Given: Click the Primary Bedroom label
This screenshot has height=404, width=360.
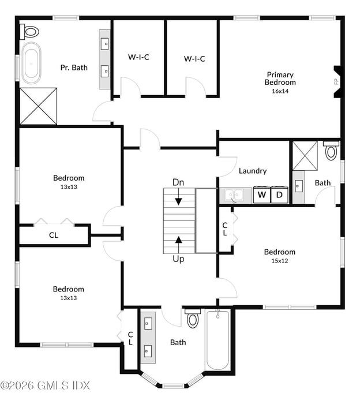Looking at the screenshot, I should pyautogui.click(x=280, y=78).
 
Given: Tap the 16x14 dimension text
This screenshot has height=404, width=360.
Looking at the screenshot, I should pyautogui.click(x=280, y=91).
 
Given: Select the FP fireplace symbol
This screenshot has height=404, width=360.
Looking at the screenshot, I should pyautogui.click(x=336, y=80).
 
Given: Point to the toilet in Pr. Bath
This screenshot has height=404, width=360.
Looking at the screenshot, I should pyautogui.click(x=30, y=31).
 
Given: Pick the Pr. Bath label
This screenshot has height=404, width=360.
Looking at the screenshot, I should pyautogui.click(x=74, y=68).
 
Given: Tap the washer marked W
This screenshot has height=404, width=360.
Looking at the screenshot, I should pyautogui.click(x=261, y=195).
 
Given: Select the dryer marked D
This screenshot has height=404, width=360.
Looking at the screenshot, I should pyautogui.click(x=279, y=195).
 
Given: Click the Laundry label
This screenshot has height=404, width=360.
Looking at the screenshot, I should pyautogui.click(x=253, y=171).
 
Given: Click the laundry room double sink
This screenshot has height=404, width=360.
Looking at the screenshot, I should pyautogui.click(x=235, y=195).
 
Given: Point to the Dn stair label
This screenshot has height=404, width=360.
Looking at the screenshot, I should pyautogui.click(x=178, y=182).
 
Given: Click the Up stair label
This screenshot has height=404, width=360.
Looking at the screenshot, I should pyautogui.click(x=178, y=259).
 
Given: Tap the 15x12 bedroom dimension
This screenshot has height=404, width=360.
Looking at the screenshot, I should pyautogui.click(x=280, y=261).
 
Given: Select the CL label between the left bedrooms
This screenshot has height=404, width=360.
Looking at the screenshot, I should pyautogui.click(x=53, y=235).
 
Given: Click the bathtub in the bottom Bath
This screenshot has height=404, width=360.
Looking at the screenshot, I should pyautogui.click(x=217, y=341).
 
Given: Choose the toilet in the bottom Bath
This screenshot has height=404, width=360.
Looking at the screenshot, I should pyautogui.click(x=193, y=318).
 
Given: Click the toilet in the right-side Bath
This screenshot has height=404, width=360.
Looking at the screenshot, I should pyautogui.click(x=331, y=151).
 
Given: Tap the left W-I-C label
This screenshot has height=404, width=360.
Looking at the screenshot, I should pyautogui.click(x=138, y=57).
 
